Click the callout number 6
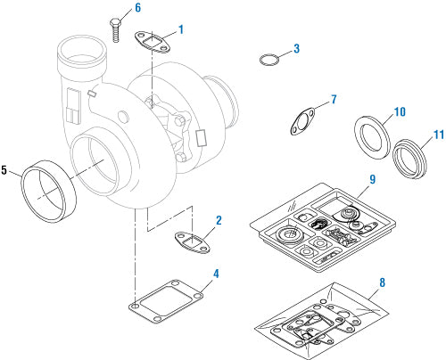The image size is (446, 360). (x=137, y=8)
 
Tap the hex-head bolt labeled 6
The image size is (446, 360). (x=116, y=30)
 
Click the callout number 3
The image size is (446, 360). (x=296, y=49)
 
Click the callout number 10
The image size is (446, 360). (x=400, y=111)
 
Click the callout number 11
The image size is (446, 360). (x=439, y=135)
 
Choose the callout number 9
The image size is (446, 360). (x=373, y=179)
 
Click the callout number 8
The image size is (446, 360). (x=383, y=282)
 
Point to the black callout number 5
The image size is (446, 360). (x=4, y=170)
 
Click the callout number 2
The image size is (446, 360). (x=219, y=220)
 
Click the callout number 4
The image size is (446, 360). (x=216, y=274)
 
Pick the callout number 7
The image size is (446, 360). (x=334, y=99)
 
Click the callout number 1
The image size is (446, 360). (x=181, y=29)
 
